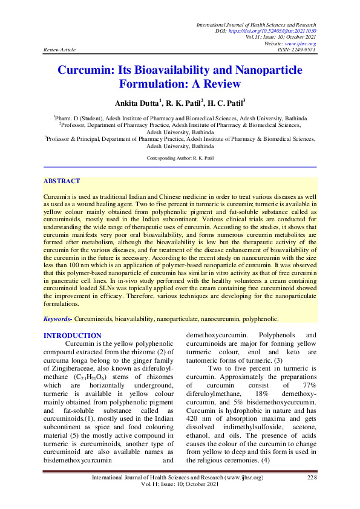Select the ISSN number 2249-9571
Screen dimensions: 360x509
304,50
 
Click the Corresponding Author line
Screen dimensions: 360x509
180,158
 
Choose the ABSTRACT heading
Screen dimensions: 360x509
62,181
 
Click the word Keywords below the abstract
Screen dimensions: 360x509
58,318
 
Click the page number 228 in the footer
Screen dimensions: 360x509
312,494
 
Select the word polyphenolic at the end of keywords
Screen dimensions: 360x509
258,318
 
